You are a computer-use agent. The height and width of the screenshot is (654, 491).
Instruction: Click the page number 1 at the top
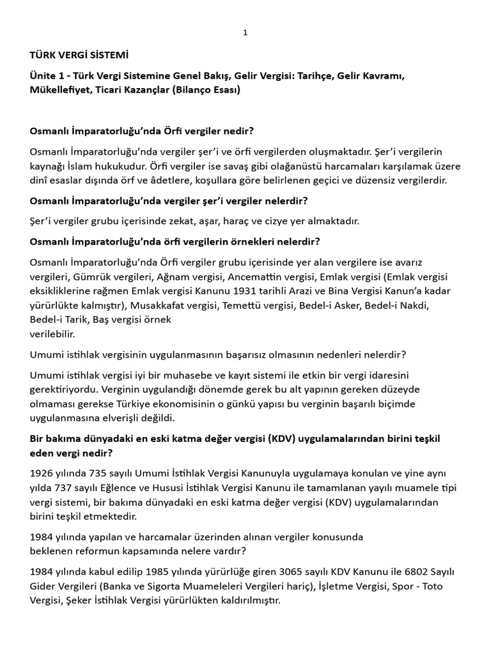(245, 33)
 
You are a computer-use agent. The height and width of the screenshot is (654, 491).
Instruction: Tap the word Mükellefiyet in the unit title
(59, 90)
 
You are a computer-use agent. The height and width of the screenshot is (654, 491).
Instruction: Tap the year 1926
(42, 473)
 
